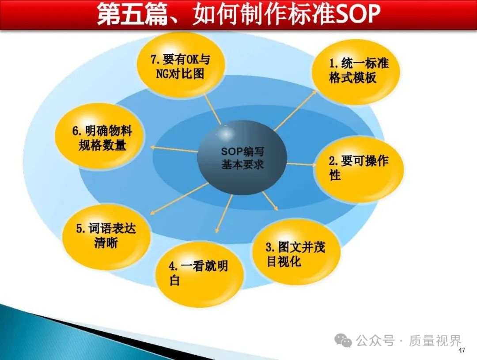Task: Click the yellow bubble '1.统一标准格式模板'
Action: click(x=355, y=72)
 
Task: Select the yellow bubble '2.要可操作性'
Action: click(x=359, y=169)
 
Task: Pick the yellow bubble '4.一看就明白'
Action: click(x=200, y=274)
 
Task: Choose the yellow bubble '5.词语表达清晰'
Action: click(x=106, y=236)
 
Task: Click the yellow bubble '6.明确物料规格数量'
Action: click(x=100, y=137)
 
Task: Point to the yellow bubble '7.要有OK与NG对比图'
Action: click(x=181, y=66)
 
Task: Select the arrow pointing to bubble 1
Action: click(x=295, y=110)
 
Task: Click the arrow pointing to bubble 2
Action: click(x=302, y=164)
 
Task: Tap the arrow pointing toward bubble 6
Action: click(x=174, y=149)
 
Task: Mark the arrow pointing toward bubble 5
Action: click(x=179, y=198)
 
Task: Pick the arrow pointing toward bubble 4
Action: click(x=224, y=213)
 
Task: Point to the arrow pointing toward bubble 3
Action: click(x=270, y=201)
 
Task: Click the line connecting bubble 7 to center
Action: click(x=213, y=110)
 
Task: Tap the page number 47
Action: click(x=462, y=350)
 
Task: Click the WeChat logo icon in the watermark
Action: click(x=343, y=340)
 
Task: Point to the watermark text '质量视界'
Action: click(x=435, y=341)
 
